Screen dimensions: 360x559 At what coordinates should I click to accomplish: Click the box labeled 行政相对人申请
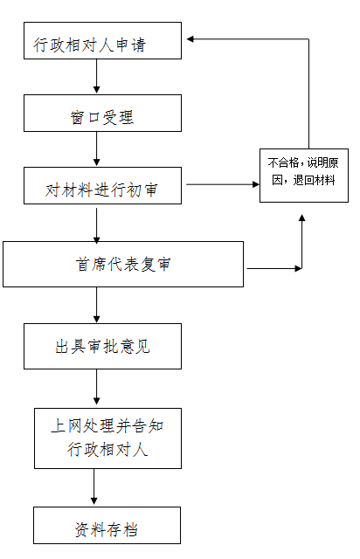pos(102,41)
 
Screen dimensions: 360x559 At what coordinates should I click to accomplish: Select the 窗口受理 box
pos(102,113)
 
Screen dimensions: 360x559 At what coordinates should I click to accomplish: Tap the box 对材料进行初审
pos(102,185)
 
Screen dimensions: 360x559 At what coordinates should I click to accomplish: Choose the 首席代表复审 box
pos(123,264)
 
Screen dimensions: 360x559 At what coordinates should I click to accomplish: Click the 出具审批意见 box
pos(102,346)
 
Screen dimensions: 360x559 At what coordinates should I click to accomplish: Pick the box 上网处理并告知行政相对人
pos(107,438)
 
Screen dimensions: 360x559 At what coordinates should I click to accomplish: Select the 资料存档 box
pos(107,525)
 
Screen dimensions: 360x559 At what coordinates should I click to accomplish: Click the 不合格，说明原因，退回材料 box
pos(304,176)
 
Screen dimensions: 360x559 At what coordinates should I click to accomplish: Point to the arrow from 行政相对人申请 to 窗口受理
pos(96,76)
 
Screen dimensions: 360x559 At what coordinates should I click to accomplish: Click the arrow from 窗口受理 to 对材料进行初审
pos(96,148)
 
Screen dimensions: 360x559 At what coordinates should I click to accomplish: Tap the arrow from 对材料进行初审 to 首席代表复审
pos(96,225)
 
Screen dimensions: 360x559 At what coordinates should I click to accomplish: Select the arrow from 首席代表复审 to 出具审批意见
pos(96,305)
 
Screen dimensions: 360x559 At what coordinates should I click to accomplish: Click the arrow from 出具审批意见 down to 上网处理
pos(96,387)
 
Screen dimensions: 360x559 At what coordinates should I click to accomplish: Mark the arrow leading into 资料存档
pos(94,487)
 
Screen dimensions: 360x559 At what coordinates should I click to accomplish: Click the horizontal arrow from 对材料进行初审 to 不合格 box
pos(223,184)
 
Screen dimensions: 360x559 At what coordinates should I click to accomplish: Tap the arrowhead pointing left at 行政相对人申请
pos(190,38)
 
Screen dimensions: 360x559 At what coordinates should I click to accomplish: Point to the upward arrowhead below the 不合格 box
pos(301,217)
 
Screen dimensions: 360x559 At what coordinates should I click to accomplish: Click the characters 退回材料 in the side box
pos(314,181)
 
